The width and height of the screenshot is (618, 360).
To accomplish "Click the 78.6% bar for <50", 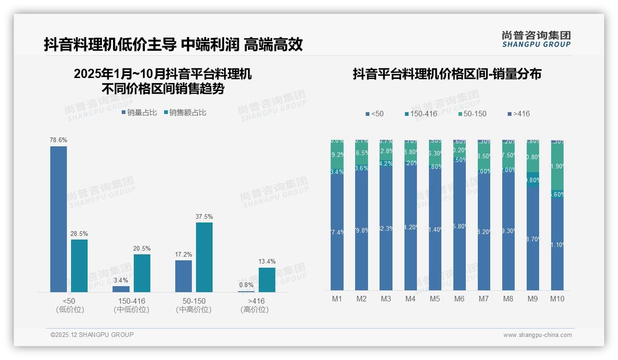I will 59,219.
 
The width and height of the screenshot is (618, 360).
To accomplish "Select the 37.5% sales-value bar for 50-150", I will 204,257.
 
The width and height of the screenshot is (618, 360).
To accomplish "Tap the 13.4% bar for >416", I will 267,280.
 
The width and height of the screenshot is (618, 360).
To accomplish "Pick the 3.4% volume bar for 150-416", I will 121,289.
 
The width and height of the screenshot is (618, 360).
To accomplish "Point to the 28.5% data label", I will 79,234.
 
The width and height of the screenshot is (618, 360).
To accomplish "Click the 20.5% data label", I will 142,248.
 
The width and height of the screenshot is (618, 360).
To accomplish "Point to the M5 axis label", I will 435,299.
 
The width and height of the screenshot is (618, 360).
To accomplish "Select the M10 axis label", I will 557,299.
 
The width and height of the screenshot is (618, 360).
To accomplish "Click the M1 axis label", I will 337,299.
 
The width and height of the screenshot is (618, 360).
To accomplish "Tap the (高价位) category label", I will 255,310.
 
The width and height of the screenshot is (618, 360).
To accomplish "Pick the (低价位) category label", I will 70,310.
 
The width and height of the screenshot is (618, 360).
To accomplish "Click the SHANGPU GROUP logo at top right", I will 536,39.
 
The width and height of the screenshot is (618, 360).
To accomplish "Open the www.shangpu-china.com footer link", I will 537,335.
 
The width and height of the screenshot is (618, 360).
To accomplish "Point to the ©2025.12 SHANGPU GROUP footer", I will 92,335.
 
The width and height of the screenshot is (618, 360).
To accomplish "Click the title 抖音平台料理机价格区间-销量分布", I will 447,74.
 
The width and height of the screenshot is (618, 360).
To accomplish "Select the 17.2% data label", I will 184,254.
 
